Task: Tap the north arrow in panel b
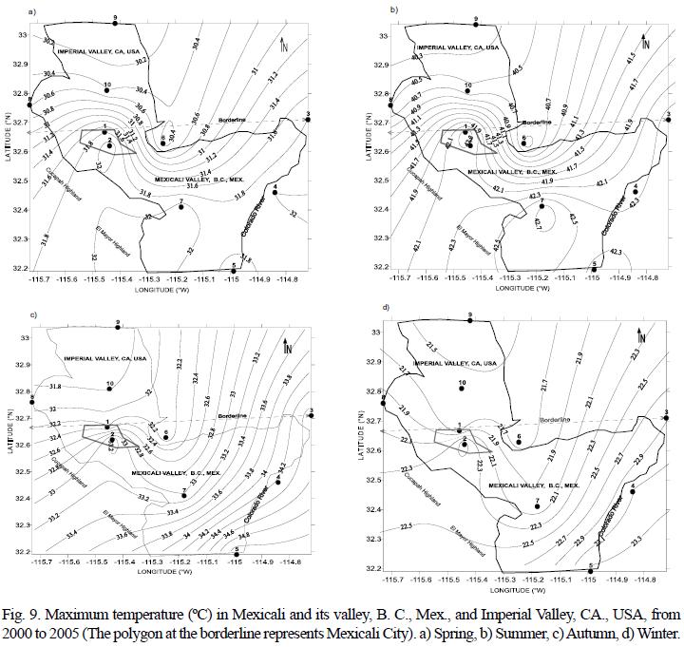[x=646, y=43]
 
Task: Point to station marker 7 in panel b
[x=541, y=205]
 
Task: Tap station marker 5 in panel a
[x=234, y=270]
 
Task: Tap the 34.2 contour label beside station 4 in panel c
[x=282, y=466]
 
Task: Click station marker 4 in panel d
[x=633, y=490]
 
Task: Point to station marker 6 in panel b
[x=522, y=145]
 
